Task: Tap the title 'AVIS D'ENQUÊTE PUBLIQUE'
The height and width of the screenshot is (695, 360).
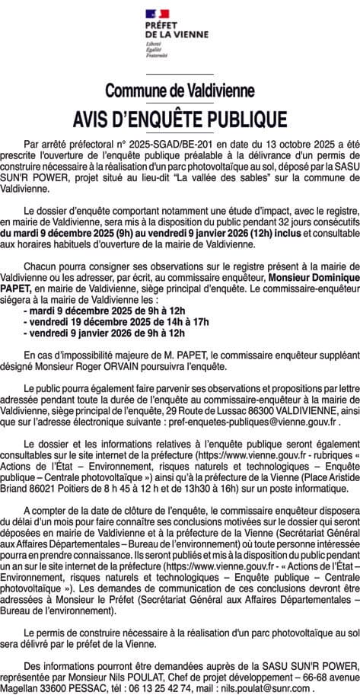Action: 180,120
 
